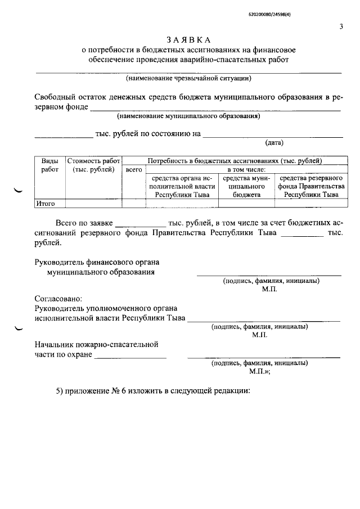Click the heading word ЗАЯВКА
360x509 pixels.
click(188, 40)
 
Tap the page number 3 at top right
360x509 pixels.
click(341, 26)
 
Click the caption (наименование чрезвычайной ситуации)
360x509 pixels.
click(188, 78)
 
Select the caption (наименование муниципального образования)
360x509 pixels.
click(188, 116)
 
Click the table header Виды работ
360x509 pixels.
click(49, 165)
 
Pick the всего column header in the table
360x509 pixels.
click(134, 169)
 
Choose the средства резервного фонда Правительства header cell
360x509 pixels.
click(311, 186)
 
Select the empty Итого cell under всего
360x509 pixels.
click(134, 204)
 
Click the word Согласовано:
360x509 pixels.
click(58, 299)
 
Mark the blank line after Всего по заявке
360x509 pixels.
click(141, 225)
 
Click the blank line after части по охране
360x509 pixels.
click(130, 357)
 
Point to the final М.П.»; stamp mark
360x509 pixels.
click(260, 372)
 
